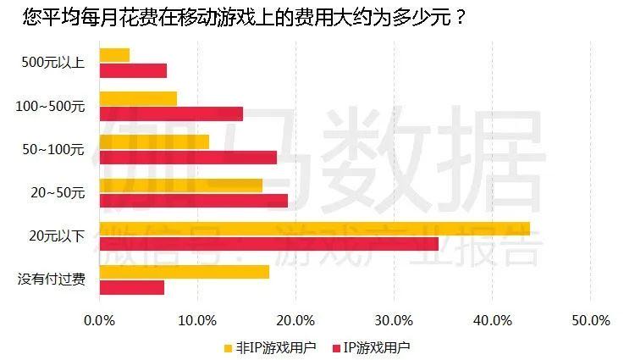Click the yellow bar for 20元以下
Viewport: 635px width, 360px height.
pos(314,229)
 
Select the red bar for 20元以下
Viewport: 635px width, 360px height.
pos(268,244)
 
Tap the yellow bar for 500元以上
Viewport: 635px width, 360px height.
pos(114,55)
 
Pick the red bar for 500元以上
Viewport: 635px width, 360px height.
pos(133,70)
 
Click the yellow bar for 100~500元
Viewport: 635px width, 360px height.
pos(138,99)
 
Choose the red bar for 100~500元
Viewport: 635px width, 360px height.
pos(171,114)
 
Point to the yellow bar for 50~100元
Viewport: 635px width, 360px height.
pos(154,142)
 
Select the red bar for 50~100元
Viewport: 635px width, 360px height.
pos(188,157)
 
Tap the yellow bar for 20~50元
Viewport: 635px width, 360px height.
pos(180,186)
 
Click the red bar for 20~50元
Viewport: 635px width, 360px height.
pos(193,201)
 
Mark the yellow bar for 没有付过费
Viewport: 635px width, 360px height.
pos(184,272)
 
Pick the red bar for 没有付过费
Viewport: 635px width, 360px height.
pos(131,287)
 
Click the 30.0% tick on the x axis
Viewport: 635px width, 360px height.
pos(394,321)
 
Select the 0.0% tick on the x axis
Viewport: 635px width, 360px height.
pos(100,321)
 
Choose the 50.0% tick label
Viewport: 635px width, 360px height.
pos(590,321)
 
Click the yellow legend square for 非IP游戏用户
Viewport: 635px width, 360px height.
pos(227,347)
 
